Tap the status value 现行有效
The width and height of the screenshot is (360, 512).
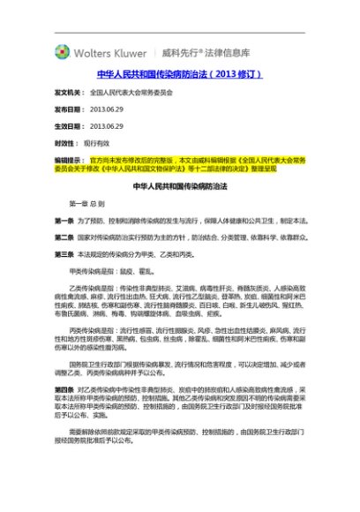[x=97, y=141]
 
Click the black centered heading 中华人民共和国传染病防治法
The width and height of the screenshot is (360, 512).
[x=180, y=187]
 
